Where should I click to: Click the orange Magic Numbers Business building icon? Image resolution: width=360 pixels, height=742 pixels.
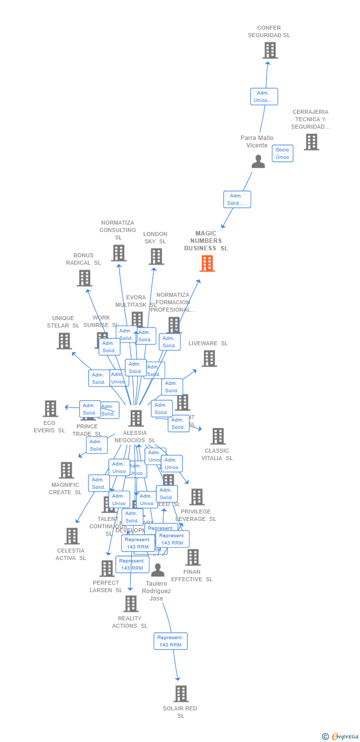click(207, 263)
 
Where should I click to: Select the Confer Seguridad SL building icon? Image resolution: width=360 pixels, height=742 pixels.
click(270, 50)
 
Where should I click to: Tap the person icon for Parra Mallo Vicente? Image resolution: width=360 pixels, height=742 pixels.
click(258, 161)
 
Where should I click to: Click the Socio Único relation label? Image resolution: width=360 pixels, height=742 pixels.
click(282, 153)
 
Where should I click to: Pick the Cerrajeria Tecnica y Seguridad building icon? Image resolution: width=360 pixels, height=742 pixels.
click(311, 142)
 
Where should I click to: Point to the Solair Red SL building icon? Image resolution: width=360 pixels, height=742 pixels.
click(181, 694)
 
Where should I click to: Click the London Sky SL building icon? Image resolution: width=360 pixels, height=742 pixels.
click(156, 256)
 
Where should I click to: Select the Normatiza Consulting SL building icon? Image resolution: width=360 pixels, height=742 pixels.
click(119, 253)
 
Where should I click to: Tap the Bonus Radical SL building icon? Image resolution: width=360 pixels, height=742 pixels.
click(85, 278)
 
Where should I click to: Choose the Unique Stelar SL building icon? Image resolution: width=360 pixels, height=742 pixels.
click(64, 341)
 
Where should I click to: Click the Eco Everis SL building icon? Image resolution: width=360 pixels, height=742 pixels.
click(50, 409)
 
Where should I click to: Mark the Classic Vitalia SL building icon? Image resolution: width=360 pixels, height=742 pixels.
click(218, 436)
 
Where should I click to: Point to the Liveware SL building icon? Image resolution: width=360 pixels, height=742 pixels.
click(209, 358)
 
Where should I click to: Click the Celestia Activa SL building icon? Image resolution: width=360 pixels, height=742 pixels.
click(72, 536)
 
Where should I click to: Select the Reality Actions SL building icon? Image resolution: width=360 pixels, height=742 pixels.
click(131, 603)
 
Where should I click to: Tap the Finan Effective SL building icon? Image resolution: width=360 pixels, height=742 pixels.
click(193, 557)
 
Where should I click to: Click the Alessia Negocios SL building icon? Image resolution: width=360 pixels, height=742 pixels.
click(135, 418)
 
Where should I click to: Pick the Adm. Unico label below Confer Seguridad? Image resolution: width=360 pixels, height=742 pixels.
click(264, 96)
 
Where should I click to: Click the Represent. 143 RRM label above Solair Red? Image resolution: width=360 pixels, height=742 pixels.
click(171, 641)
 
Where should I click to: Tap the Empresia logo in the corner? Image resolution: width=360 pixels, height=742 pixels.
click(341, 736)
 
